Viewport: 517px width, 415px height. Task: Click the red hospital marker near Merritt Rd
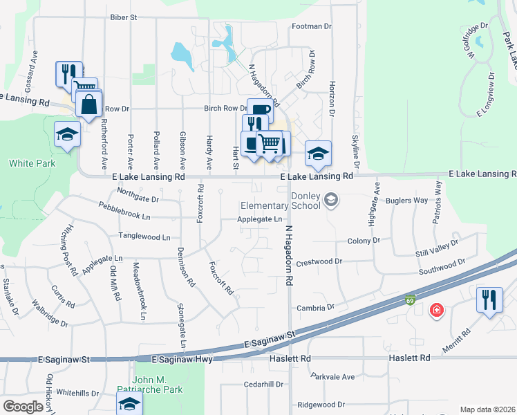pyautogui.click(x=436, y=309)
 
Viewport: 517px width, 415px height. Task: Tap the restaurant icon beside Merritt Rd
pyautogui.click(x=489, y=300)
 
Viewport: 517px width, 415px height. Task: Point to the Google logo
pyautogui.click(x=23, y=407)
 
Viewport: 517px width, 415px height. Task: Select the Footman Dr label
pyautogui.click(x=312, y=26)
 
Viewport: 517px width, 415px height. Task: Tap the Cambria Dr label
pyautogui.click(x=315, y=306)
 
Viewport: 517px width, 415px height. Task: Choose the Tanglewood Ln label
pyautogui.click(x=144, y=237)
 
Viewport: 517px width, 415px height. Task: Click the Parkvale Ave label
pyautogui.click(x=332, y=377)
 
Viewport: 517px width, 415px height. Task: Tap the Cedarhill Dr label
pyautogui.click(x=263, y=385)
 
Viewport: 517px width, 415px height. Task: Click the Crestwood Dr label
pyautogui.click(x=319, y=262)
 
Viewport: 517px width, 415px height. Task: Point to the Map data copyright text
pyautogui.click(x=487, y=409)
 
